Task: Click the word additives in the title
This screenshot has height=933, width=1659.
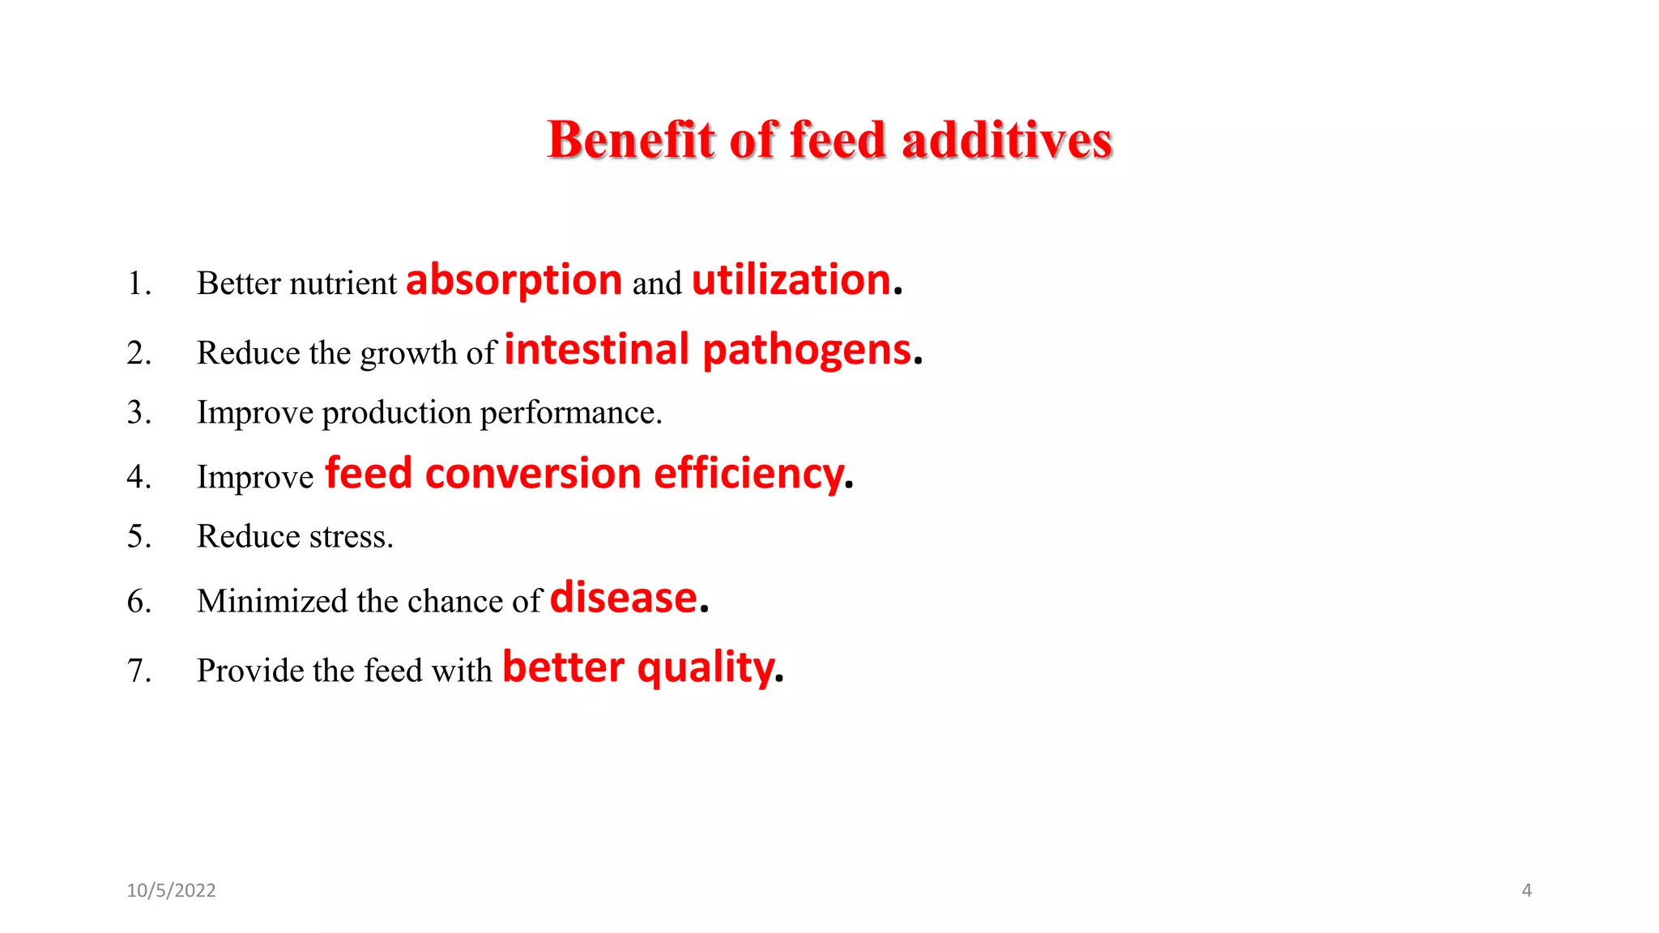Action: [x=1006, y=140]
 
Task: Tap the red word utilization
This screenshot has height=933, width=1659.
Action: [x=791, y=280]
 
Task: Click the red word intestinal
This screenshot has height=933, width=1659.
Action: [x=596, y=350]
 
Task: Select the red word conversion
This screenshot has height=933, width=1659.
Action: [x=533, y=474]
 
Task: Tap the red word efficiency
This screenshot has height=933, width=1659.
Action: [x=748, y=475]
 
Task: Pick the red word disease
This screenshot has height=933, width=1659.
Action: [x=623, y=599]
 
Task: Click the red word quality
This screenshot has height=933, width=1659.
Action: [x=706, y=669]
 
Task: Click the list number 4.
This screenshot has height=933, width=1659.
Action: [x=138, y=476]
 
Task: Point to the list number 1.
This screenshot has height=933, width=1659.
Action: [x=138, y=283]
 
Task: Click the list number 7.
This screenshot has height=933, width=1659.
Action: [x=138, y=671]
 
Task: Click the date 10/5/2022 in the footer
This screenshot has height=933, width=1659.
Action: [x=171, y=891]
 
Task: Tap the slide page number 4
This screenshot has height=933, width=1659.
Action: [x=1526, y=891]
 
